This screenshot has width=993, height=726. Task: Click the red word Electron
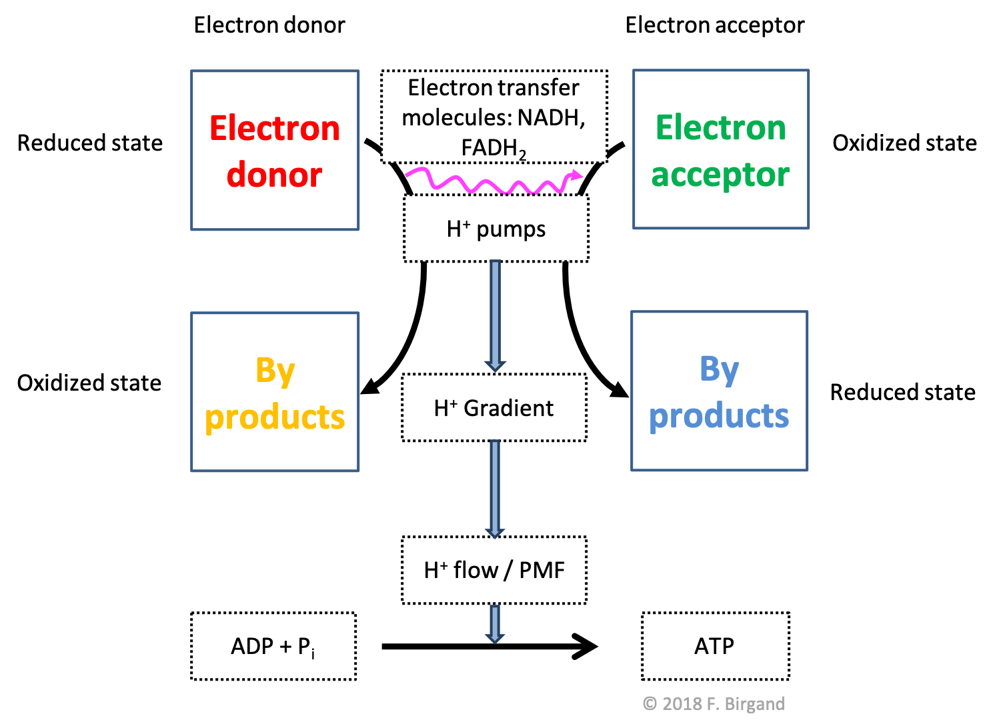pyautogui.click(x=274, y=128)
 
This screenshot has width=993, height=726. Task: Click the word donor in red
pyautogui.click(x=274, y=175)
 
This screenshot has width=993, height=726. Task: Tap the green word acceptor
pyautogui.click(x=720, y=175)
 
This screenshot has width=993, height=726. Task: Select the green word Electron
pyautogui.click(x=720, y=127)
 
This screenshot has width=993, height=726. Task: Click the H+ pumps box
pyautogui.click(x=496, y=229)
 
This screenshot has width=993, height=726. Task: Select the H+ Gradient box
pyautogui.click(x=494, y=407)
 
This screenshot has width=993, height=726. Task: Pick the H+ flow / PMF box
pyautogui.click(x=494, y=570)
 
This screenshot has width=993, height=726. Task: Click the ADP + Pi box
pyautogui.click(x=273, y=646)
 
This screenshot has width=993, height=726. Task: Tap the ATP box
pyautogui.click(x=715, y=646)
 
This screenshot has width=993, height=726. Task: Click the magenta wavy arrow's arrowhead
pyautogui.click(x=575, y=176)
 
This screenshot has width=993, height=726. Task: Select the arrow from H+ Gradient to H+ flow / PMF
pyautogui.click(x=495, y=488)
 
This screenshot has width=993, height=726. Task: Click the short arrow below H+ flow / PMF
pyautogui.click(x=495, y=624)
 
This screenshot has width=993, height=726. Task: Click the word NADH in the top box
pyautogui.click(x=550, y=117)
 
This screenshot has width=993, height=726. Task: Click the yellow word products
pyautogui.click(x=275, y=417)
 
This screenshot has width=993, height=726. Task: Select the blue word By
pyautogui.click(x=719, y=369)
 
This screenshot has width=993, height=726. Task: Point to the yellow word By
pyautogui.click(x=275, y=370)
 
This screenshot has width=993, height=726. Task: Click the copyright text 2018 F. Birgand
pyautogui.click(x=714, y=704)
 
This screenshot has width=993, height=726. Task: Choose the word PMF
pyautogui.click(x=542, y=570)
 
